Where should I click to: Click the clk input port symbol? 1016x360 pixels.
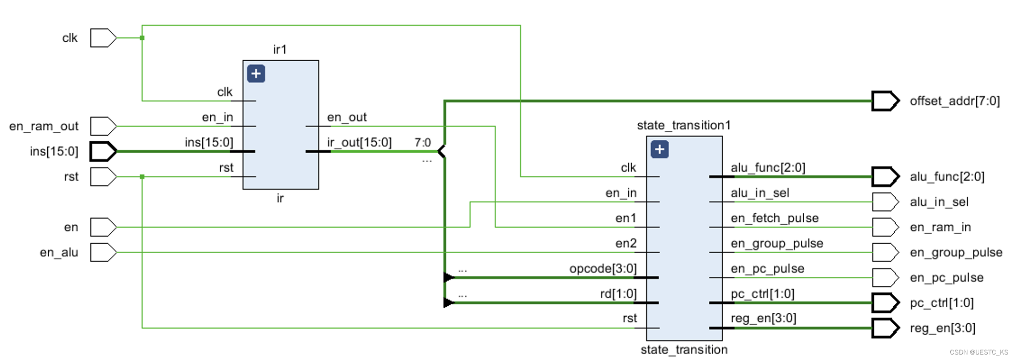[x=103, y=38]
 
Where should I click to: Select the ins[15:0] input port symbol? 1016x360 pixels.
[x=103, y=151]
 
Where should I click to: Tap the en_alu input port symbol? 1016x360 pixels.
[x=103, y=253]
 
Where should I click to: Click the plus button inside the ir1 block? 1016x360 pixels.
[x=256, y=74]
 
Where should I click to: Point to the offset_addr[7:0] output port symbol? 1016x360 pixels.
[x=885, y=101]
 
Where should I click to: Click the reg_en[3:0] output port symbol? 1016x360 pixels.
[x=885, y=328]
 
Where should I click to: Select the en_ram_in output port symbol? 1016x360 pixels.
[x=885, y=227]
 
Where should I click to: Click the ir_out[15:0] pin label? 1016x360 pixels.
[x=359, y=143]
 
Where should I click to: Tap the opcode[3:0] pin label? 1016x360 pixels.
[x=603, y=269]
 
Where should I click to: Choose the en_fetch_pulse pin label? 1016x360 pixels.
[x=774, y=218]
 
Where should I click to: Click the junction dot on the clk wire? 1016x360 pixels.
[x=142, y=38]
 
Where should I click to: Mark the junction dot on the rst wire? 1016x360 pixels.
[x=142, y=177]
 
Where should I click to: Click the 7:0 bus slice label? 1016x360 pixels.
[x=423, y=143]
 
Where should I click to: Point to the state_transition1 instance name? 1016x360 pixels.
[x=683, y=125]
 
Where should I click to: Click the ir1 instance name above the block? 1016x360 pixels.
[x=280, y=49]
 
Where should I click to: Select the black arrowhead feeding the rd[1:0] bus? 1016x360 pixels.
[x=448, y=303]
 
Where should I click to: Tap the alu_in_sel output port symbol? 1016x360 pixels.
[x=885, y=202]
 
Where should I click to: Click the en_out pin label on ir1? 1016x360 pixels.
[x=346, y=117]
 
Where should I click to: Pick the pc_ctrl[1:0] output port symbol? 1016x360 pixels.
[x=885, y=303]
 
